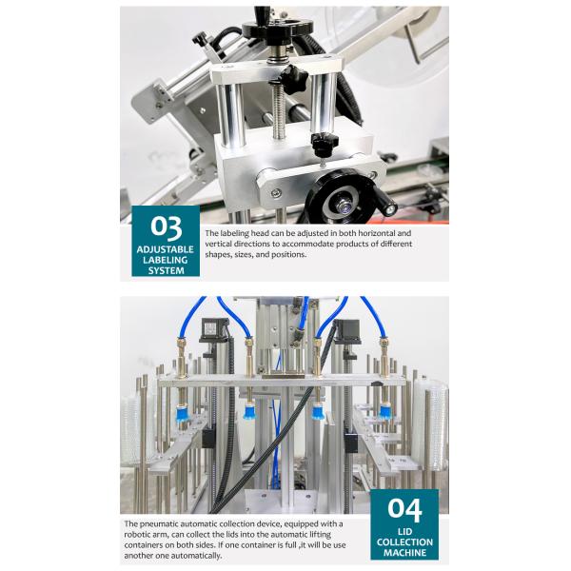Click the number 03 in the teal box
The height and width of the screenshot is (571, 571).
[166, 228]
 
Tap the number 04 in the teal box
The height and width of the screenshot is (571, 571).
[404, 509]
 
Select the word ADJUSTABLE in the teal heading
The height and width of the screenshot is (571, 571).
[166, 249]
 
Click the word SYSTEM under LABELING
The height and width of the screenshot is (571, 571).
[166, 270]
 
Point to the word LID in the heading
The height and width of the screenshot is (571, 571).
[404, 532]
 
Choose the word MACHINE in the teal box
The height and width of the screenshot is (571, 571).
[404, 552]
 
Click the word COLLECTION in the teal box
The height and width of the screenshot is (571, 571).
[404, 542]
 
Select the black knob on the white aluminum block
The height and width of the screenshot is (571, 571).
[325, 144]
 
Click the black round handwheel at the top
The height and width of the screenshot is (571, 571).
[278, 30]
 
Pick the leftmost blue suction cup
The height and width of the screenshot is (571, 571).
[183, 413]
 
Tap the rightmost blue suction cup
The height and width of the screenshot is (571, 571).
[385, 411]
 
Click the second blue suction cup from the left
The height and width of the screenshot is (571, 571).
[249, 411]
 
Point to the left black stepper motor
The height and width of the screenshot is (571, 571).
[214, 330]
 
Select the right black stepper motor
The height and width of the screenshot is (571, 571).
[348, 331]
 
